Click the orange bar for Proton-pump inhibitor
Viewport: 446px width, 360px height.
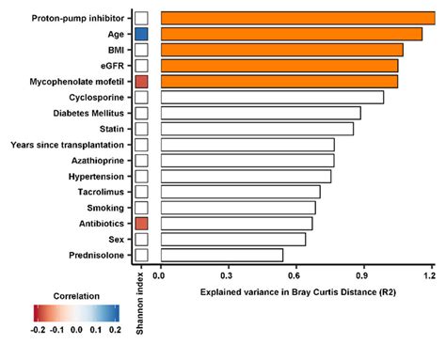coord(296,17)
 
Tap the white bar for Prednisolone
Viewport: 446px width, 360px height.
coord(221,255)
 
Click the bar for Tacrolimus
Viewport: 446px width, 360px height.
coord(240,192)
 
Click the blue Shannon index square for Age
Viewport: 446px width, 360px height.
coord(141,33)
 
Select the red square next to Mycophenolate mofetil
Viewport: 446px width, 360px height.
coord(141,82)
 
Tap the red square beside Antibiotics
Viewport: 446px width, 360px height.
coord(141,223)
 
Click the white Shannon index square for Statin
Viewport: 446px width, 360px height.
coord(141,129)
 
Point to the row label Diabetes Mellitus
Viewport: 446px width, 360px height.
coord(86,113)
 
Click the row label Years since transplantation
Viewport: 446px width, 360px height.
coord(67,145)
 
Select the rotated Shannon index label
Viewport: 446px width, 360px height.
coord(141,302)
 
